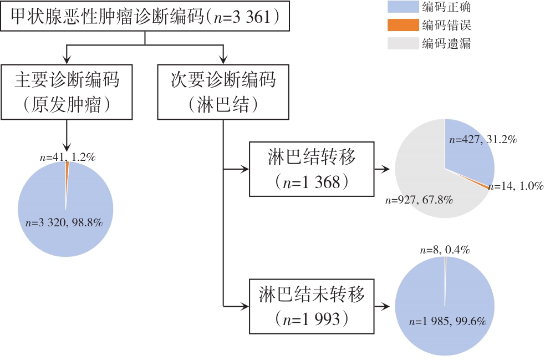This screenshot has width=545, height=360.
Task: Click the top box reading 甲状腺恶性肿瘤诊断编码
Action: [x=145, y=16]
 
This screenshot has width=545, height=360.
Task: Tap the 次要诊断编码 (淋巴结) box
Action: [x=223, y=91]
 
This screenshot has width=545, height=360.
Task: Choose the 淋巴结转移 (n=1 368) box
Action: [x=310, y=169]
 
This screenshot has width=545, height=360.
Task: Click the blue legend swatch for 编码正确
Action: [x=402, y=7]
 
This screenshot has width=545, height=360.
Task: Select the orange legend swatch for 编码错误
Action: [x=402, y=25]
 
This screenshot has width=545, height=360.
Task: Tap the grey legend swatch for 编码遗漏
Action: [x=402, y=43]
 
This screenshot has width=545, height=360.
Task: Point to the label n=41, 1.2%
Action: [x=68, y=157]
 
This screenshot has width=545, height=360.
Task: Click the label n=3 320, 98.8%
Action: [x=65, y=223]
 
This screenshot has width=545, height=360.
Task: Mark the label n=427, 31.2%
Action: [x=483, y=140]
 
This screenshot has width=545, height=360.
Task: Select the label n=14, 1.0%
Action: [x=517, y=186]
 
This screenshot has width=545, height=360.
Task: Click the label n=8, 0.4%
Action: [x=444, y=250]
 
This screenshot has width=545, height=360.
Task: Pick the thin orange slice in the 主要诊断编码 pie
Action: [x=67, y=169]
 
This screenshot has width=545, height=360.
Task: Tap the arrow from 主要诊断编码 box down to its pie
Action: [x=66, y=136]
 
